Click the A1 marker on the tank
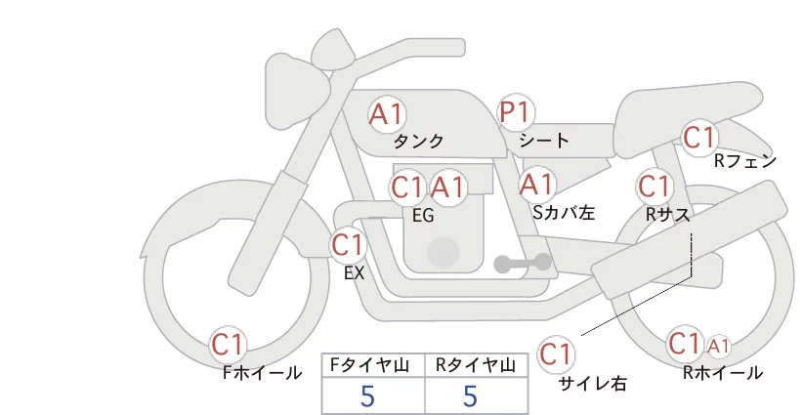click(386, 114)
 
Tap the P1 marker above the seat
click(516, 112)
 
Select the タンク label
click(418, 141)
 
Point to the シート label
click(544, 140)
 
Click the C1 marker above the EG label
click(407, 187)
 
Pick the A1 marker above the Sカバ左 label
click(536, 185)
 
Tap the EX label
click(355, 273)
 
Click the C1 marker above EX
click(348, 245)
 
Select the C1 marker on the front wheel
click(228, 345)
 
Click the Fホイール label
click(262, 373)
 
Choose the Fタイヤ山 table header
click(369, 365)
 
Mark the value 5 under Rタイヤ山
click(470, 396)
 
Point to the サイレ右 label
click(593, 384)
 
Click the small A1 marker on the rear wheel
click(719, 347)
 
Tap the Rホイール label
click(723, 373)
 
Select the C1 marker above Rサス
click(655, 187)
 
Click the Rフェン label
click(745, 161)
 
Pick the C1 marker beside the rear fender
click(699, 137)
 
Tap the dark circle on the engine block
click(443, 252)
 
